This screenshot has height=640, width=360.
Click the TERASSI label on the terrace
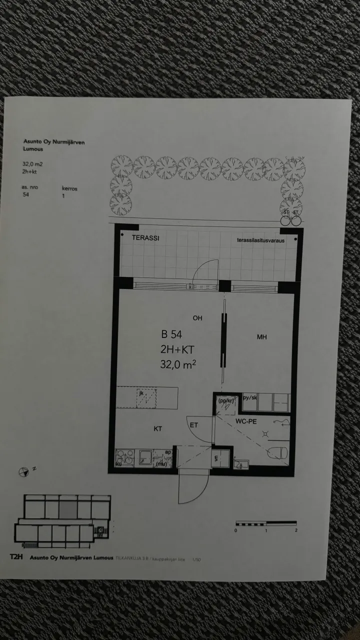pyautogui.click(x=145, y=238)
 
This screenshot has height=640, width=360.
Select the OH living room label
pyautogui.click(x=198, y=318)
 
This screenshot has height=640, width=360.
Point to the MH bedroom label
pyautogui.click(x=261, y=337)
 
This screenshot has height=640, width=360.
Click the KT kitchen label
pyautogui.click(x=158, y=428)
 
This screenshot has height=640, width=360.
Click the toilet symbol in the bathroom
pyautogui.click(x=278, y=453)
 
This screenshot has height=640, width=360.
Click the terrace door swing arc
pyautogui.click(x=205, y=272)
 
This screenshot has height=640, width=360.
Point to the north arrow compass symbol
pyautogui.click(x=24, y=470)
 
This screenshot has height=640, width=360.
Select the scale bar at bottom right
pyautogui.click(x=266, y=524)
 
